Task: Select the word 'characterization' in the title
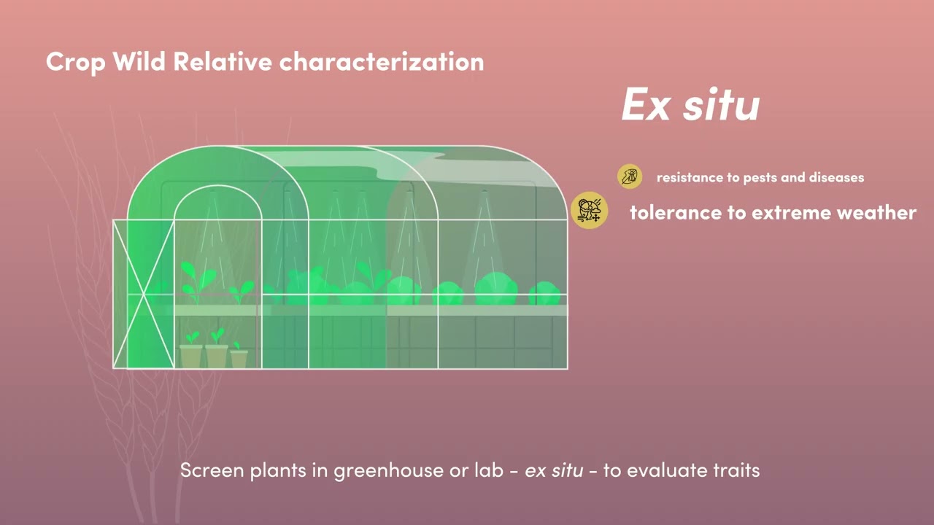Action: pos(381,62)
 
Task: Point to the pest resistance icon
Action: pos(629,176)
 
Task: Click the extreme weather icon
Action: pos(589,211)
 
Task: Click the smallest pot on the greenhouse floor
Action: pos(239,359)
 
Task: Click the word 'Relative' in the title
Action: pos(223,62)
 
